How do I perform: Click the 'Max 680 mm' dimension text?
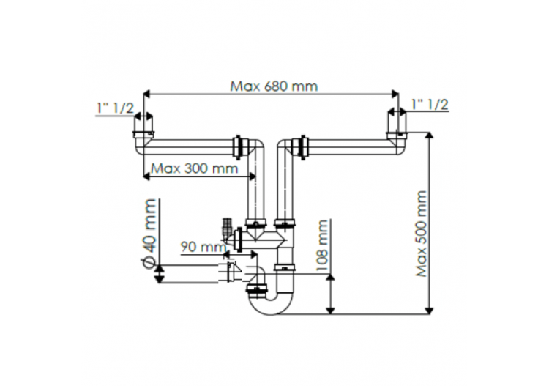click(x=274, y=86)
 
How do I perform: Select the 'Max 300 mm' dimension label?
click(x=194, y=168)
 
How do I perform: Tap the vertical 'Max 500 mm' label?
click(x=421, y=234)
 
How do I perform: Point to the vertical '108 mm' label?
click(x=321, y=245)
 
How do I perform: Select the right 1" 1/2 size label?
click(x=429, y=105)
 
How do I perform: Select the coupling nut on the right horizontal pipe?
click(x=299, y=145)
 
